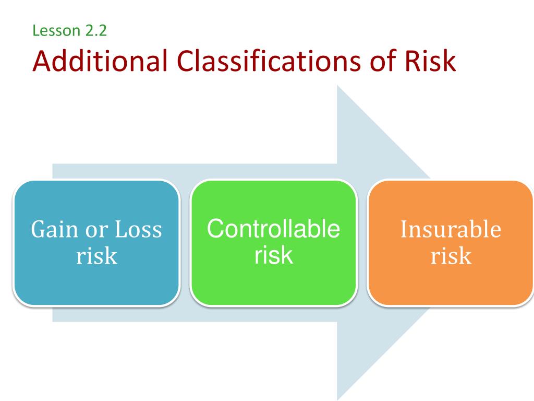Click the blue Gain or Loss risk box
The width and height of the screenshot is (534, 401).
(96, 243)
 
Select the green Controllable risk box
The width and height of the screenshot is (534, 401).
(273, 243)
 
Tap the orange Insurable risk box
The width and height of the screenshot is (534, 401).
(451, 243)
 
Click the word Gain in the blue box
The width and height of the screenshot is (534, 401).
(52, 230)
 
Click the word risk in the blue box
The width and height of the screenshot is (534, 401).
(96, 256)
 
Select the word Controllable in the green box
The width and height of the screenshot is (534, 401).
(273, 230)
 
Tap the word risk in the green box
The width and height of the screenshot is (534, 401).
(273, 255)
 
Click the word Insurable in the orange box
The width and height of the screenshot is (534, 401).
(451, 230)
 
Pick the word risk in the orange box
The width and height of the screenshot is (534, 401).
(451, 256)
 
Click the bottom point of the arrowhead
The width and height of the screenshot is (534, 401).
(338, 399)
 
